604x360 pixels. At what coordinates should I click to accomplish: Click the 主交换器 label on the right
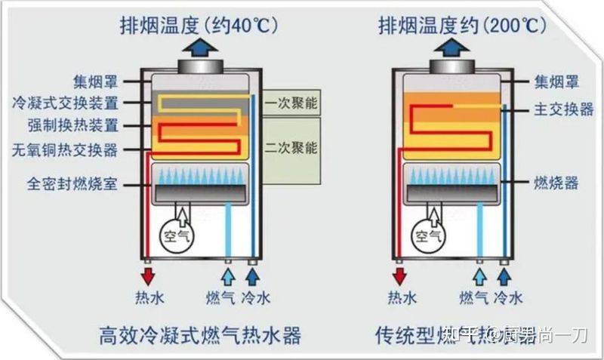564,109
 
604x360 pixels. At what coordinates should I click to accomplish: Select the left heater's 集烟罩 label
96,79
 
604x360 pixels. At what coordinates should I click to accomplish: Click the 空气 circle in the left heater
177,235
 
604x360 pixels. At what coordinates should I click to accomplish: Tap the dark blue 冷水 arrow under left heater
253,269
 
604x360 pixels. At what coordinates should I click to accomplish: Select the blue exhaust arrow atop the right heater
452,47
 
